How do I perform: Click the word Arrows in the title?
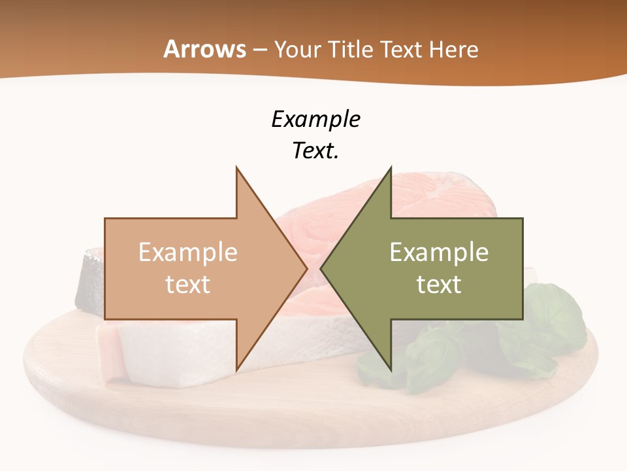[x=204, y=49]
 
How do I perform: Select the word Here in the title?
[x=454, y=49]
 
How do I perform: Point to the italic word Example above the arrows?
[x=315, y=119]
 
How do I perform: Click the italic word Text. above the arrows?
[x=315, y=150]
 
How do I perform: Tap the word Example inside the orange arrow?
[x=188, y=252]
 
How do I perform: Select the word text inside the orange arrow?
[x=188, y=284]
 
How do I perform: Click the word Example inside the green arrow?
[x=439, y=252]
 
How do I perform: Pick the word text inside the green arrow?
[x=439, y=284]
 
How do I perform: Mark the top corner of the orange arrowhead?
[x=236, y=168]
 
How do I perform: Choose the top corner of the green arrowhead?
[x=391, y=168]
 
